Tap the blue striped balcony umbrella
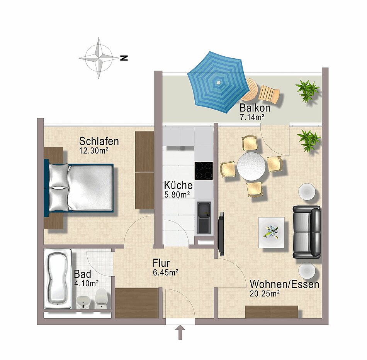pyautogui.click(x=218, y=82)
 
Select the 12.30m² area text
pyautogui.click(x=93, y=151)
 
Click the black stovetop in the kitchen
pyautogui.click(x=204, y=171)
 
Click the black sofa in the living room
pyautogui.click(x=307, y=232)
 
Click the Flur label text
pyautogui.click(x=161, y=264)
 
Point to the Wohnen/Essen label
pyautogui.click(x=284, y=285)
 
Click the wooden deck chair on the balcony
pyautogui.click(x=269, y=93)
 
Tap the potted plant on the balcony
pyautogui.click(x=308, y=90)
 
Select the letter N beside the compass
pyautogui.click(x=124, y=58)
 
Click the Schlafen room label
pyautogui.click(x=99, y=141)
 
